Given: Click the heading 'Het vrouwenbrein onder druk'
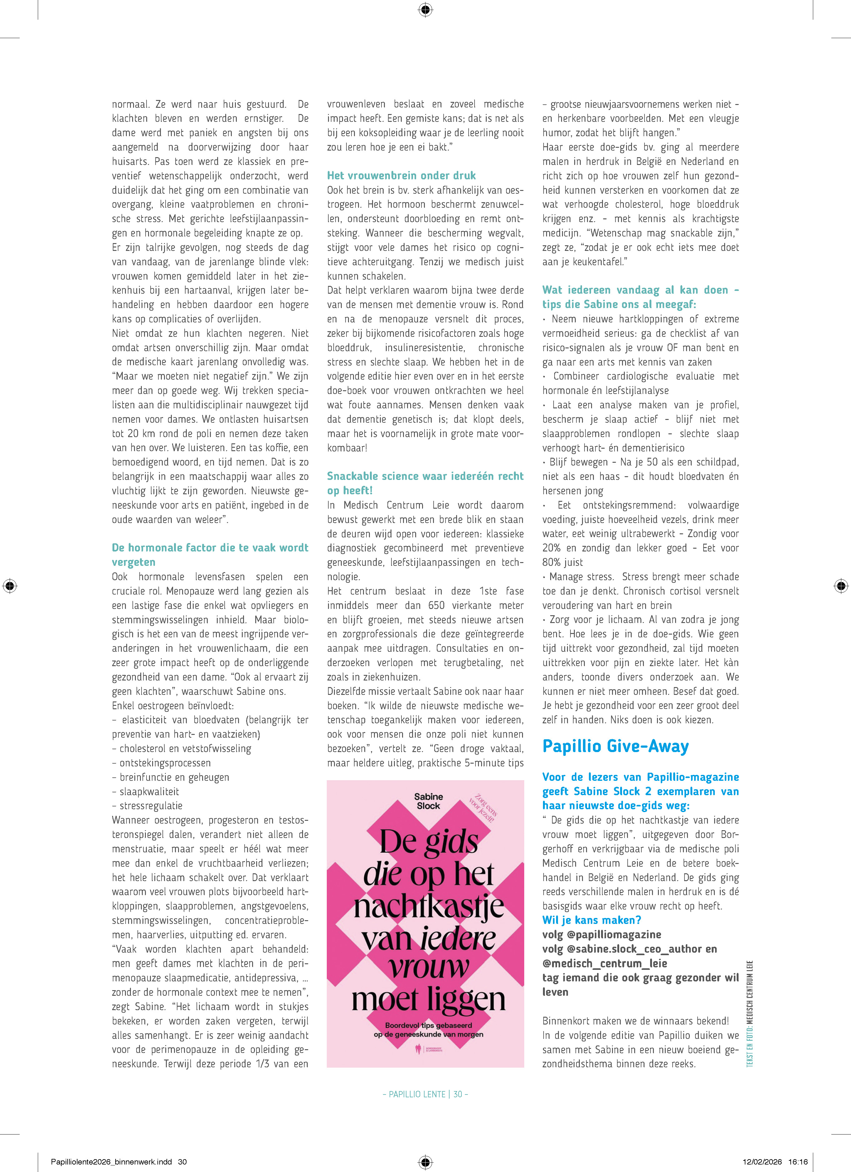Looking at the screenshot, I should pos(401,176).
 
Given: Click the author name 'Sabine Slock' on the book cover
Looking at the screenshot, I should pos(428,801).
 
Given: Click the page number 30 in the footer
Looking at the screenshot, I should pos(457,1094).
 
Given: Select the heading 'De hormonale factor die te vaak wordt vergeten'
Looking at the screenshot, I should pos(210,555).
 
